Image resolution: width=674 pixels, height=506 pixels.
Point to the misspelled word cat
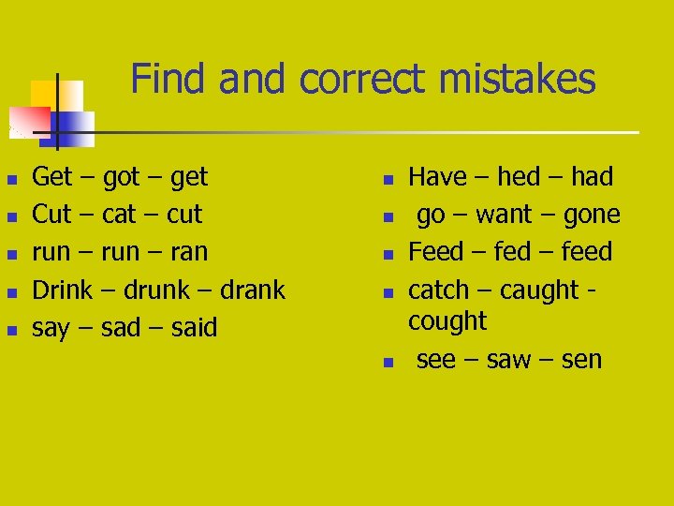[119, 215]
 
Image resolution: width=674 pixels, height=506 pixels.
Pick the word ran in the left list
[189, 252]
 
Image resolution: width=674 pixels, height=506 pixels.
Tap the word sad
[120, 328]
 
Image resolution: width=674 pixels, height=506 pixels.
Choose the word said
[194, 328]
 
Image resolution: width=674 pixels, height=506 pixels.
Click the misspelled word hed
[519, 177]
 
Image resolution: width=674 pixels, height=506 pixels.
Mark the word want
[504, 215]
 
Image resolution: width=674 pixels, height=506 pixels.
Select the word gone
[592, 215]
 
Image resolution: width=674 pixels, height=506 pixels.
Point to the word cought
[447, 321]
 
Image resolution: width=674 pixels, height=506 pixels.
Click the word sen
[582, 360]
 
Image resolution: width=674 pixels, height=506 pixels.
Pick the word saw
[510, 360]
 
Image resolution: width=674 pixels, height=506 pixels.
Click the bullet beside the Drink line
[11, 291]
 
